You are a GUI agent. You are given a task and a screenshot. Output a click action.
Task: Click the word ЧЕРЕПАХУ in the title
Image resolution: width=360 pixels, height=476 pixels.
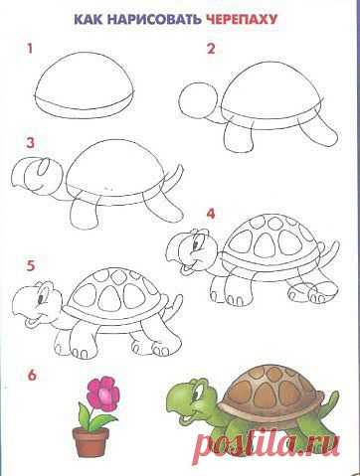point(242,20)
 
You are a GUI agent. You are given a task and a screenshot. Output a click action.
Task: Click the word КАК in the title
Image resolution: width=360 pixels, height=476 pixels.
point(89,20)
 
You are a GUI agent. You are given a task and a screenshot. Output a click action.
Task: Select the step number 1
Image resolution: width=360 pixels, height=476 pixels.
point(30,49)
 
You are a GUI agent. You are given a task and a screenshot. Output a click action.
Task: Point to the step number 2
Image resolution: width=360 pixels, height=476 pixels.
point(211,49)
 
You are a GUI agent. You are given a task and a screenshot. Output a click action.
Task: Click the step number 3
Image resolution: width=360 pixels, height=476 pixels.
point(31,143)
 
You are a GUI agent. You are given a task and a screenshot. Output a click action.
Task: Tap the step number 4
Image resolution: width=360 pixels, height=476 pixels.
point(211,214)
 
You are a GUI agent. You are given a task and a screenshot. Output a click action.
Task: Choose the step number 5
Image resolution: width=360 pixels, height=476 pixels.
point(31,266)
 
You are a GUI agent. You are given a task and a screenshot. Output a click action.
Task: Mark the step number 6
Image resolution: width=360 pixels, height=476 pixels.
point(32,376)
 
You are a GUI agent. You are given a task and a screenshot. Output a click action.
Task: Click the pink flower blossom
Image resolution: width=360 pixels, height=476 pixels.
point(103,395)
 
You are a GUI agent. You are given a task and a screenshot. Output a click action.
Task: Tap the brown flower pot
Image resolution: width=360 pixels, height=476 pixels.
point(90,441)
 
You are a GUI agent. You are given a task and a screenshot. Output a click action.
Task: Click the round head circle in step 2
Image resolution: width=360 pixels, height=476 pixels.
point(198,99)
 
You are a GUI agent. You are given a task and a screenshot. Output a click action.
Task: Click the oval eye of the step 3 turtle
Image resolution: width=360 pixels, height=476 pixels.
point(43,168)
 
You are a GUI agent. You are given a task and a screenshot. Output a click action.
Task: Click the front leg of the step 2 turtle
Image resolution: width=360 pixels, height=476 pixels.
point(238,138)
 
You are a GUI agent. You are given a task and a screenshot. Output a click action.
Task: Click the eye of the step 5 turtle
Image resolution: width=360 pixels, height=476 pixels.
point(41,298)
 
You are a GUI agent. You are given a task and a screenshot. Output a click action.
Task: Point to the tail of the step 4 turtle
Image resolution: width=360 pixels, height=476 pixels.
point(330,253)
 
